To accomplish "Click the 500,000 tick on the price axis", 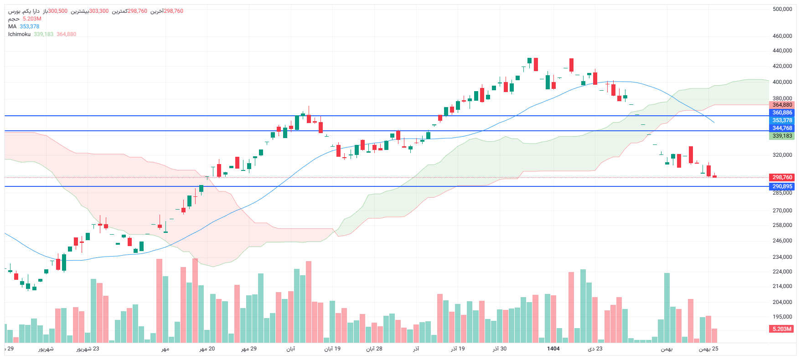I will pyautogui.click(x=782, y=9).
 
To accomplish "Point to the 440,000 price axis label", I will pyautogui.click(x=782, y=51).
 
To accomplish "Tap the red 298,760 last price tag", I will pyautogui.click(x=782, y=177).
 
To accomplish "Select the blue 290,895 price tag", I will pyautogui.click(x=782, y=186).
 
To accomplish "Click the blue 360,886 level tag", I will pyautogui.click(x=782, y=113).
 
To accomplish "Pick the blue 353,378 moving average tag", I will pyautogui.click(x=782, y=120).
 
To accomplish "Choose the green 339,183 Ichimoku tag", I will pyautogui.click(x=782, y=136).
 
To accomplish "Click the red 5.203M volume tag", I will pyautogui.click(x=782, y=329).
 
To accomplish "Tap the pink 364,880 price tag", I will pyautogui.click(x=782, y=105).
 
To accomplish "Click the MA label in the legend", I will pyautogui.click(x=12, y=26).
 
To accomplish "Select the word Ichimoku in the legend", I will pyautogui.click(x=19, y=34).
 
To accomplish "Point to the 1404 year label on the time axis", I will pyautogui.click(x=553, y=349).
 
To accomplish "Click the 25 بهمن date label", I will pyautogui.click(x=708, y=349).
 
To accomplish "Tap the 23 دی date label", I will pyautogui.click(x=595, y=349).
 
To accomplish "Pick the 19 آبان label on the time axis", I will pyautogui.click(x=332, y=349).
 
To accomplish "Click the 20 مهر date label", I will pyautogui.click(x=207, y=349).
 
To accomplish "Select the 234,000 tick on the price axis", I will pyautogui.click(x=782, y=257).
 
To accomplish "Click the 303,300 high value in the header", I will pyautogui.click(x=99, y=11).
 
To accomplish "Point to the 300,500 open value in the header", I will pyautogui.click(x=58, y=11).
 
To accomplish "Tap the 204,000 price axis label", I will pyautogui.click(x=782, y=302).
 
